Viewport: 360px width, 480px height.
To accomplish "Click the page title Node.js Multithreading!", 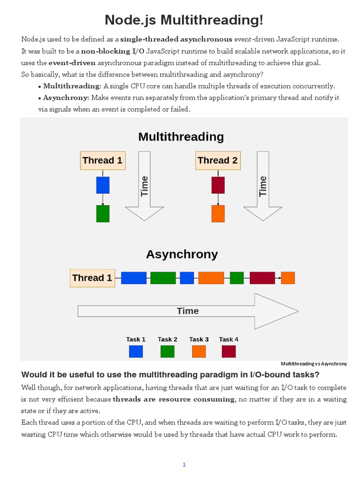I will tap(184, 20).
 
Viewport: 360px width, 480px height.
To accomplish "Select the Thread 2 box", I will tap(217, 160).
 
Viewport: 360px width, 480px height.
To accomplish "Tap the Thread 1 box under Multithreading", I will tap(102, 160).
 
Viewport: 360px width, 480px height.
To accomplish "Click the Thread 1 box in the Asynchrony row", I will tap(92, 277).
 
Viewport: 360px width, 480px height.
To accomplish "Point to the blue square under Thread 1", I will tap(103, 185).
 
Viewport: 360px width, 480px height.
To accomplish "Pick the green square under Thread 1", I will tap(103, 214).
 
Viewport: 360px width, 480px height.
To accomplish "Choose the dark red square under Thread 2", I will tap(218, 185).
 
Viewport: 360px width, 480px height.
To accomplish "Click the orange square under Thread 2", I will tap(218, 214).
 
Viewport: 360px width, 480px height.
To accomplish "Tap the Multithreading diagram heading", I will tap(181, 137).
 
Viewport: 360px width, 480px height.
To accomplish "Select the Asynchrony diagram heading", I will tap(182, 255).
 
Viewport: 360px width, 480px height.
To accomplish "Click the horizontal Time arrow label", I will tap(187, 311).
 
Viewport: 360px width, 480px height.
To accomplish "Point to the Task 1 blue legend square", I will tap(136, 352).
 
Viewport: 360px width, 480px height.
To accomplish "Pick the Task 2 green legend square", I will tap(167, 352).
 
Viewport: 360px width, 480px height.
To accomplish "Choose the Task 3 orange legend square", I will tap(199, 352).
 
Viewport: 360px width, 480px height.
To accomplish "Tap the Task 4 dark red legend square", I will tap(229, 352).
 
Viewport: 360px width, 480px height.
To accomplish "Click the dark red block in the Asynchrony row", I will tap(262, 278).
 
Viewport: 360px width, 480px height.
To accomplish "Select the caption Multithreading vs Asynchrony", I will tap(314, 364).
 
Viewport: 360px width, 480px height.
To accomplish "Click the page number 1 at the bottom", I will tap(184, 452).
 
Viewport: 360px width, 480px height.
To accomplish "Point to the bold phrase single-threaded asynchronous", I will tap(176, 39).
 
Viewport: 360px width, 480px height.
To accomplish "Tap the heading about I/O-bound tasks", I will tap(171, 375).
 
